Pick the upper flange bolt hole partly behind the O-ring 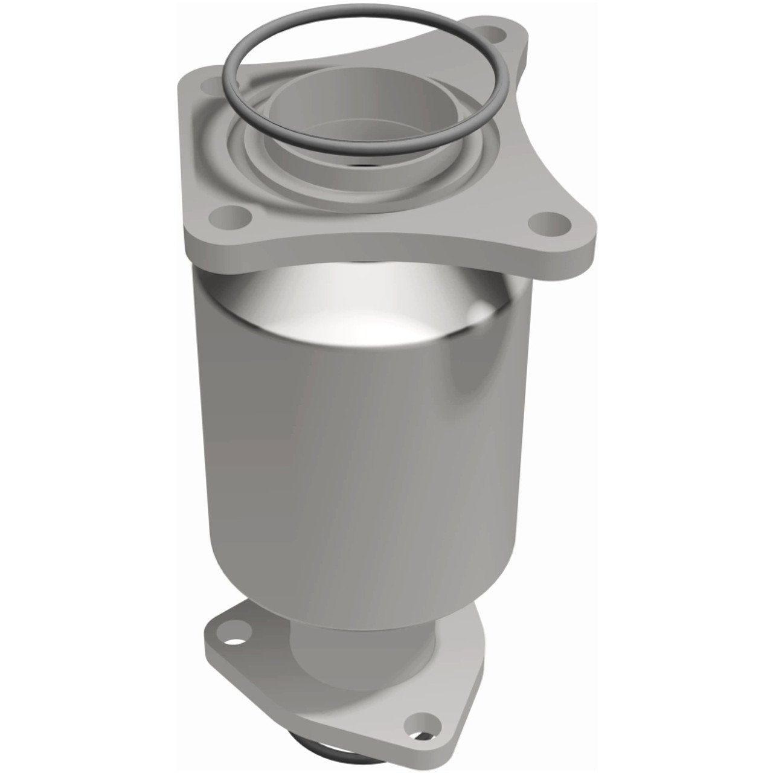pos(210,85)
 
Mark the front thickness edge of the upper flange pos(362,254)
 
